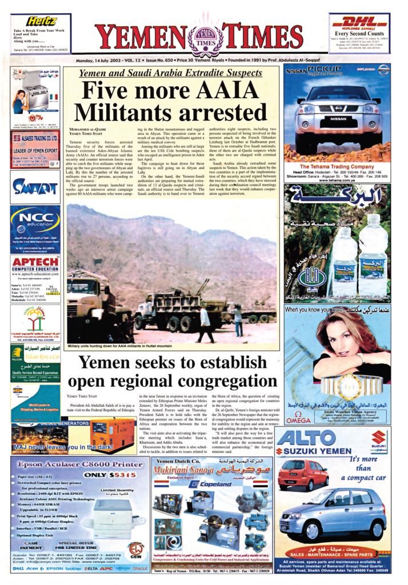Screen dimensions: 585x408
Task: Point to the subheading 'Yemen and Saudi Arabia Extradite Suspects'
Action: pos(170,74)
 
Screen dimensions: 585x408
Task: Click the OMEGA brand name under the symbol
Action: pos(299,420)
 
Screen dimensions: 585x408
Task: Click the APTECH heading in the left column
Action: pos(35,263)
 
